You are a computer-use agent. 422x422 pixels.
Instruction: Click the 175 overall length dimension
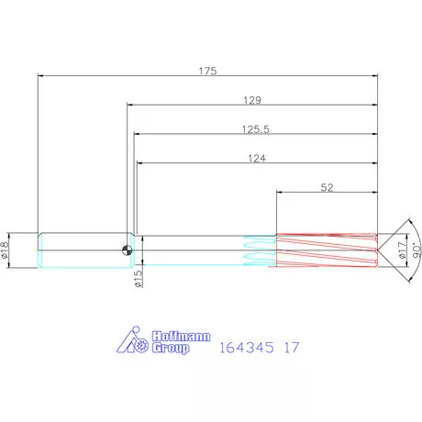click(x=207, y=72)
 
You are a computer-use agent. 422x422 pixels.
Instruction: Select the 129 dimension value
click(x=253, y=99)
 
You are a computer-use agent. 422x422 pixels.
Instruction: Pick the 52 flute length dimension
click(x=327, y=187)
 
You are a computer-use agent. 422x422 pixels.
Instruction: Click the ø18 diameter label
click(x=8, y=250)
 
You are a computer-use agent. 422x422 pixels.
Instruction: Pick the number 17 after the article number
click(x=292, y=349)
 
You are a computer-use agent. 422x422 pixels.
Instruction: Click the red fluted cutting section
click(x=326, y=250)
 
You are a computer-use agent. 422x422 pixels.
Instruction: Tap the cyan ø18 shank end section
click(x=83, y=250)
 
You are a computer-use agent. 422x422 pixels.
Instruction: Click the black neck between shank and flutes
click(x=193, y=250)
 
